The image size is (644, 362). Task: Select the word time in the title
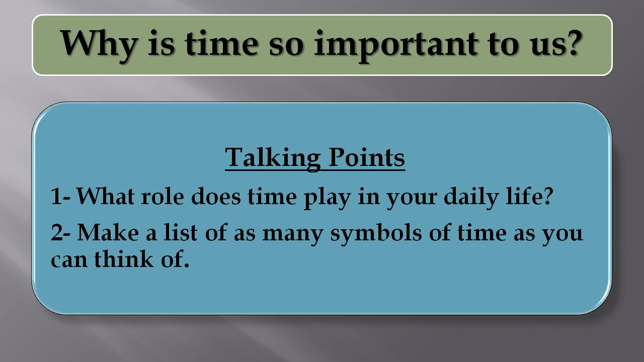tap(220, 44)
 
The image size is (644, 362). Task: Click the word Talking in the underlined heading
tap(272, 157)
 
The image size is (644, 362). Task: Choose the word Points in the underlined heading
tap(367, 157)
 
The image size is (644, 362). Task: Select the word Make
tap(108, 233)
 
